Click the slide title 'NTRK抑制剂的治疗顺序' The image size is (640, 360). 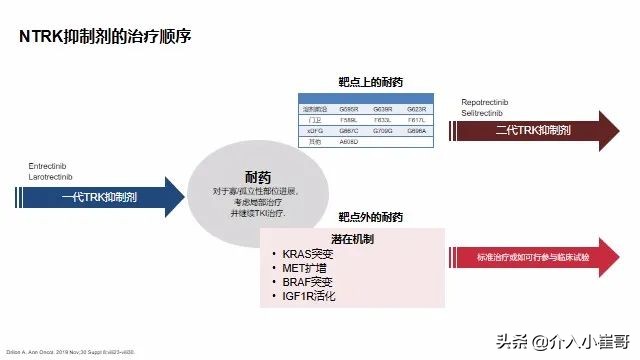click(105, 37)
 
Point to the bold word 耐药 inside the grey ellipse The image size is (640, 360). click(259, 175)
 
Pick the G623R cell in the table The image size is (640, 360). click(417, 108)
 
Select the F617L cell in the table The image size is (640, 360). click(417, 119)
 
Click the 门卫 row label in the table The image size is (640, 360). click(312, 119)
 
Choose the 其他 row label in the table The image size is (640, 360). click(312, 141)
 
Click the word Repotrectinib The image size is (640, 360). click(487, 103)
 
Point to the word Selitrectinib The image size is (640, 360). click(483, 114)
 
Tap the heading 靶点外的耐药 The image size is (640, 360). click(370, 217)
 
